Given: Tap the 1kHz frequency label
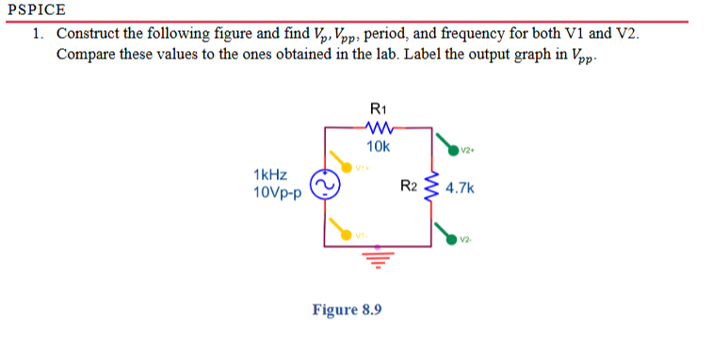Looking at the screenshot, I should pos(271,175).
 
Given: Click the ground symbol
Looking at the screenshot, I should pos(376,257).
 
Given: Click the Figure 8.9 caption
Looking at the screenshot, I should pos(348,309).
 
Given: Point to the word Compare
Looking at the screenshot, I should pos(86,54).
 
